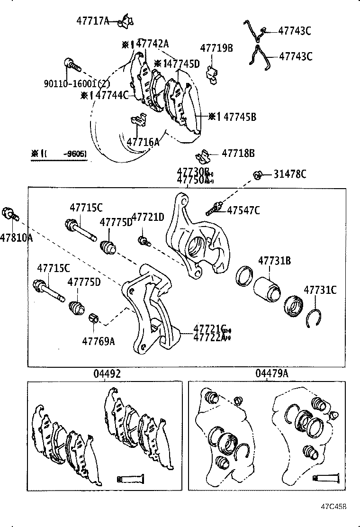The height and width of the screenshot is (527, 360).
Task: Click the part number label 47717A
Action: point(93,21)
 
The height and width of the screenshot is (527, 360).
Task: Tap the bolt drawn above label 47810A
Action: point(10,214)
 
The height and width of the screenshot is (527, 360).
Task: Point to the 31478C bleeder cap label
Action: point(289,174)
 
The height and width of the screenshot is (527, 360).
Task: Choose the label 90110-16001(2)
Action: point(77,83)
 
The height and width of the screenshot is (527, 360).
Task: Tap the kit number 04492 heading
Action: point(107,373)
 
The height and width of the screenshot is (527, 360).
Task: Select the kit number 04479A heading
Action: point(272,373)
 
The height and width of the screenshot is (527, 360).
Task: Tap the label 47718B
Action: point(238,154)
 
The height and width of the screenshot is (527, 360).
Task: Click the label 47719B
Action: point(216,48)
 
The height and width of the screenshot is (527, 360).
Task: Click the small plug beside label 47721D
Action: point(143,241)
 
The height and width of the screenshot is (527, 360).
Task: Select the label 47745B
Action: point(239,117)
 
